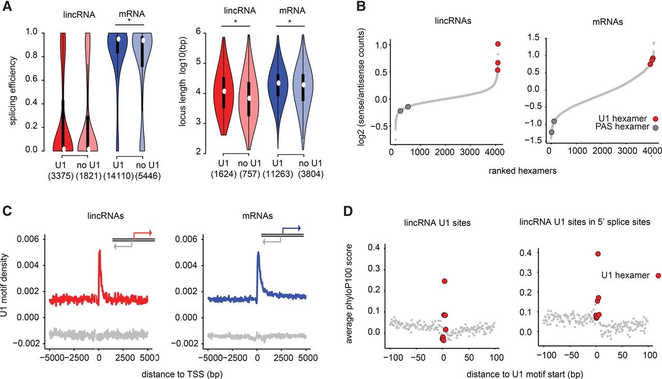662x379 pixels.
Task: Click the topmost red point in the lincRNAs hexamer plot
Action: click(x=498, y=44)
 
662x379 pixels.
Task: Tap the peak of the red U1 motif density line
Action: click(x=99, y=251)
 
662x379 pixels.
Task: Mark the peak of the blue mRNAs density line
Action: click(x=258, y=253)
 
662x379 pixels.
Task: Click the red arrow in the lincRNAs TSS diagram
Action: click(x=145, y=233)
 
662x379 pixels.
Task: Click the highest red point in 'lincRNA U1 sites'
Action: click(x=444, y=281)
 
